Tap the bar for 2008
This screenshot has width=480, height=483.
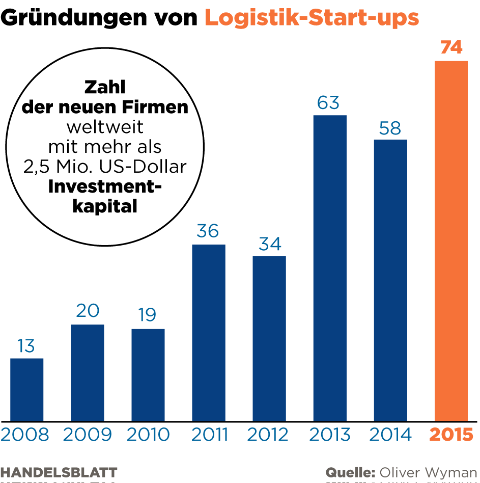(x=26, y=390)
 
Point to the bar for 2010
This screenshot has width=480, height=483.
(x=148, y=375)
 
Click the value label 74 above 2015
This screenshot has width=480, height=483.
(x=451, y=48)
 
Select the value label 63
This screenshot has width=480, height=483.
(x=328, y=103)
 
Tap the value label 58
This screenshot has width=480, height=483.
(x=390, y=128)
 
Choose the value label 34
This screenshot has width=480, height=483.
(x=269, y=244)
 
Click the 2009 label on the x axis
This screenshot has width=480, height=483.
(x=88, y=435)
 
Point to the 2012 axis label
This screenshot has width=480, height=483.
(x=268, y=435)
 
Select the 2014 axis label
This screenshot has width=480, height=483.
(x=390, y=435)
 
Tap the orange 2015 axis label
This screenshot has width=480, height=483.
(x=451, y=435)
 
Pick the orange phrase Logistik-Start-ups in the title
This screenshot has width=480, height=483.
(x=312, y=18)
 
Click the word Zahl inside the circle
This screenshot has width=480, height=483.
(x=105, y=87)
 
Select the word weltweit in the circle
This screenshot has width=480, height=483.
(x=105, y=127)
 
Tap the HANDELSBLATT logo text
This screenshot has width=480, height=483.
(x=59, y=472)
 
